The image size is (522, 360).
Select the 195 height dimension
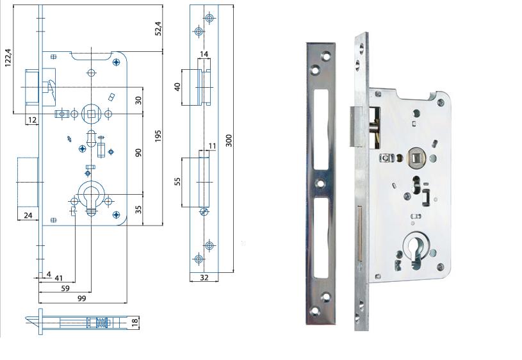(158, 136)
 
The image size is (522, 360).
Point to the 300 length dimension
(229, 140)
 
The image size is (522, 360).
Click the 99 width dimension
(82, 298)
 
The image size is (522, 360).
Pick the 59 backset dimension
(65, 288)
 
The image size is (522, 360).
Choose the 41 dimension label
(58, 278)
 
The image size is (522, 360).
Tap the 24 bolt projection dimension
(28, 215)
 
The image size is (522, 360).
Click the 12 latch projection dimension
(32, 120)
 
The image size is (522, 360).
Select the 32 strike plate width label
(204, 277)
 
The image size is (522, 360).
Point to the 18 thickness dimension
(135, 322)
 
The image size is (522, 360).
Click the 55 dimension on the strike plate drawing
(177, 181)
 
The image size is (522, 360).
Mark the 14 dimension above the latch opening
(204, 54)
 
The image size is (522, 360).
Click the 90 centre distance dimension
(138, 153)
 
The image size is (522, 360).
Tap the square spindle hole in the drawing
(91, 114)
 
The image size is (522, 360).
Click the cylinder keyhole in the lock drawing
(90, 199)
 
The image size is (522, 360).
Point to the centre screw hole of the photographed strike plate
(320, 183)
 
